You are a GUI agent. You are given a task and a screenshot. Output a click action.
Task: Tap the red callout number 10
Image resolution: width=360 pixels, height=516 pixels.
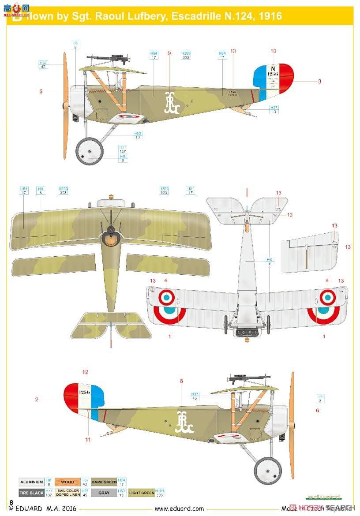[273, 52]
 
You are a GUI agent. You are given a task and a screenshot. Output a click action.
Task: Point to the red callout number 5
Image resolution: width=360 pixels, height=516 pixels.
[41, 92]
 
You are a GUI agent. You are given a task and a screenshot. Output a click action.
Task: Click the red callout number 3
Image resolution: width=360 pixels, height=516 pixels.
[319, 81]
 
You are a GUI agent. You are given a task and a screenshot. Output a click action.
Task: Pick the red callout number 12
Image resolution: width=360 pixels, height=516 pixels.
[86, 372]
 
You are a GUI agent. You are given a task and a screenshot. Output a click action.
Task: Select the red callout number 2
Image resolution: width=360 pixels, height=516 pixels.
[37, 400]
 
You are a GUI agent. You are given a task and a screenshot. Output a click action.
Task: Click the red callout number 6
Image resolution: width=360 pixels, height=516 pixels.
[317, 411]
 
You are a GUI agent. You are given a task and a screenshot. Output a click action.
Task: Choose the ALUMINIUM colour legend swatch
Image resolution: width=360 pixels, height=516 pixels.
[31, 482]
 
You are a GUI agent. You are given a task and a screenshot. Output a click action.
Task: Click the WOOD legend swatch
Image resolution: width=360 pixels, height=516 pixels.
[67, 482]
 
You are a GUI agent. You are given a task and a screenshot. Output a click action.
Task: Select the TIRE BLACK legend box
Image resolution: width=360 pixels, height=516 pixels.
[31, 493]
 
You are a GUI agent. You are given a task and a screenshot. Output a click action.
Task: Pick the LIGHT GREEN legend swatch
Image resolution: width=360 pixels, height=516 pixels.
[141, 493]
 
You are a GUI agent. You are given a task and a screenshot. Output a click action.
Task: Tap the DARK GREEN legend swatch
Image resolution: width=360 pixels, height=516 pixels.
[104, 482]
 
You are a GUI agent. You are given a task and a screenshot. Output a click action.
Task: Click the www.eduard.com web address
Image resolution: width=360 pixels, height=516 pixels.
[179, 509]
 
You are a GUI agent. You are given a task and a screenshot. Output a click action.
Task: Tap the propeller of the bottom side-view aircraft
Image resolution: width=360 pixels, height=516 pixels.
[292, 425]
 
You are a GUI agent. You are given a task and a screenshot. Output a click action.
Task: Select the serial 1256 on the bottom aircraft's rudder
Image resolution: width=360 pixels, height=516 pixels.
[84, 392]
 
